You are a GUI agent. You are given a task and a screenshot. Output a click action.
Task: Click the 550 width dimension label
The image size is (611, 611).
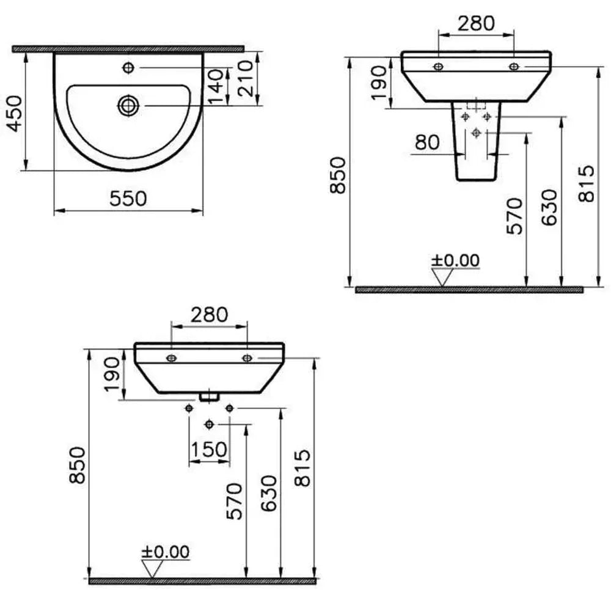[x=128, y=199]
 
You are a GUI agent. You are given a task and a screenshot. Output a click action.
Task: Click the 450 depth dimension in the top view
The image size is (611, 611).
[x=16, y=114]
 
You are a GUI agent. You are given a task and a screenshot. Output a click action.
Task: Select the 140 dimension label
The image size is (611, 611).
[x=216, y=87]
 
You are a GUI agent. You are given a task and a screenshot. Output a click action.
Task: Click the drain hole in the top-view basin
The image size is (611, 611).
[x=128, y=106]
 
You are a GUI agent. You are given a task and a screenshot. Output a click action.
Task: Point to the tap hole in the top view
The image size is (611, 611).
[x=128, y=68]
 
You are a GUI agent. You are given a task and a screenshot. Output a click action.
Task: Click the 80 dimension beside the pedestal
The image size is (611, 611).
[x=428, y=142]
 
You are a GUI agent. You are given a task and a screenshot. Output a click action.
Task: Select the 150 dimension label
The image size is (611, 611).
[x=209, y=449]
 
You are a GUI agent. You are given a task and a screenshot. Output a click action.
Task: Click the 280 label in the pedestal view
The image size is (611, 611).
[x=476, y=23]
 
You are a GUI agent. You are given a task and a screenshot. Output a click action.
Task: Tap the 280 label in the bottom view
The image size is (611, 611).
[x=209, y=315]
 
